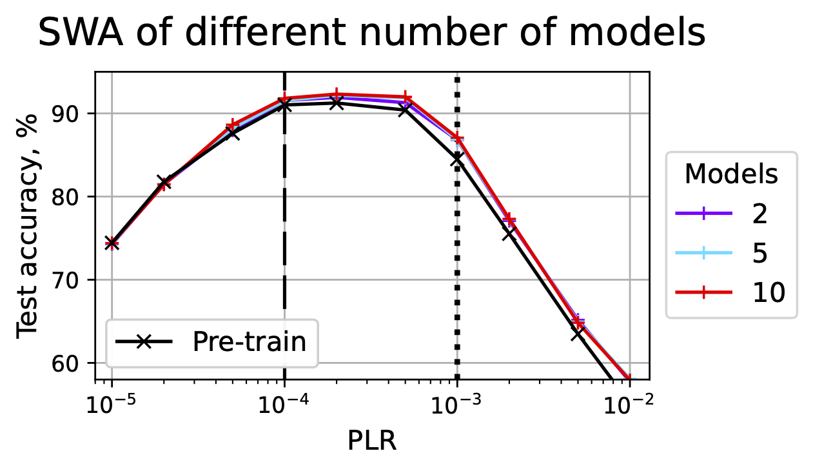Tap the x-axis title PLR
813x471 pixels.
tap(371, 441)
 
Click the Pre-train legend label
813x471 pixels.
tap(250, 342)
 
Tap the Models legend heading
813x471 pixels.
tap(730, 174)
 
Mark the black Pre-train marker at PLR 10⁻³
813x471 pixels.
tap(457, 159)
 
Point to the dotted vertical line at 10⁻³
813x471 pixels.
tap(457, 290)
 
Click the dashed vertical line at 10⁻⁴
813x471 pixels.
tap(284, 258)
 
